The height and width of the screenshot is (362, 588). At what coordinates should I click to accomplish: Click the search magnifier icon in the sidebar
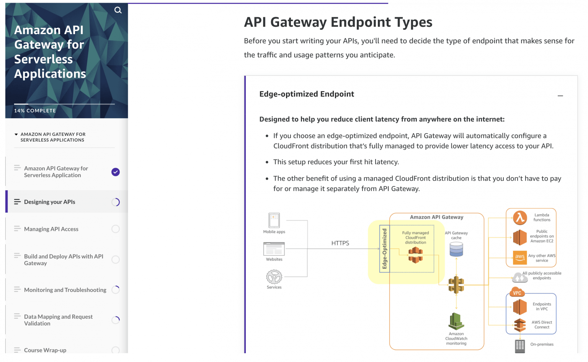[118, 10]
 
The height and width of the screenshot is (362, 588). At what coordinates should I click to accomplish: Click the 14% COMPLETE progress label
[35, 111]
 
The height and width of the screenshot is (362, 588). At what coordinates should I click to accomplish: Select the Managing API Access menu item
[51, 229]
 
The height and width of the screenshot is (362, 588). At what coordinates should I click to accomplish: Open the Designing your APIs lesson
[50, 202]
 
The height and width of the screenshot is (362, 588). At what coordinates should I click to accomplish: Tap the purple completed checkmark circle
[116, 172]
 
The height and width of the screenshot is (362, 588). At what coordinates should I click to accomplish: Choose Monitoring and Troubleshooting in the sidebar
[65, 290]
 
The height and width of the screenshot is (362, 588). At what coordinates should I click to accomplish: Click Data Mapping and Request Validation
[58, 320]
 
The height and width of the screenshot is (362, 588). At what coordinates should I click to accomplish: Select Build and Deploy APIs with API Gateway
[64, 260]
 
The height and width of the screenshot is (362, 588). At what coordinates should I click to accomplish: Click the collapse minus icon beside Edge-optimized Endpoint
[560, 96]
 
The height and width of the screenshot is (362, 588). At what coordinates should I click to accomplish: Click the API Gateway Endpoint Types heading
[338, 22]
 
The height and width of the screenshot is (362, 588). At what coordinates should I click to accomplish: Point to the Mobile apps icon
[274, 220]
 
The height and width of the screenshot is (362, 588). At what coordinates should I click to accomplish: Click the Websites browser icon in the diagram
[274, 249]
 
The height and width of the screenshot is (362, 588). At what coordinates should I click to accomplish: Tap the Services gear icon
[274, 277]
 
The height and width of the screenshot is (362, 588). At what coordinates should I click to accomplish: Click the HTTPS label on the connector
[340, 243]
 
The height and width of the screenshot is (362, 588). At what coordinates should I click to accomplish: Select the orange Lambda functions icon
[520, 218]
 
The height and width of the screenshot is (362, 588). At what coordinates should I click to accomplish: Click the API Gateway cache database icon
[456, 249]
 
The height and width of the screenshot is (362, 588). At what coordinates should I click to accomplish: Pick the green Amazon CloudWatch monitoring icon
[456, 321]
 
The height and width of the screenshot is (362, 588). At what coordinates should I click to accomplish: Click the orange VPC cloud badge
[517, 292]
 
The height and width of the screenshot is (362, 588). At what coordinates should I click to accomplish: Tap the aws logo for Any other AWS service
[520, 257]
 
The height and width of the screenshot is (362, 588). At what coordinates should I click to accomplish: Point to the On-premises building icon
[520, 346]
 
